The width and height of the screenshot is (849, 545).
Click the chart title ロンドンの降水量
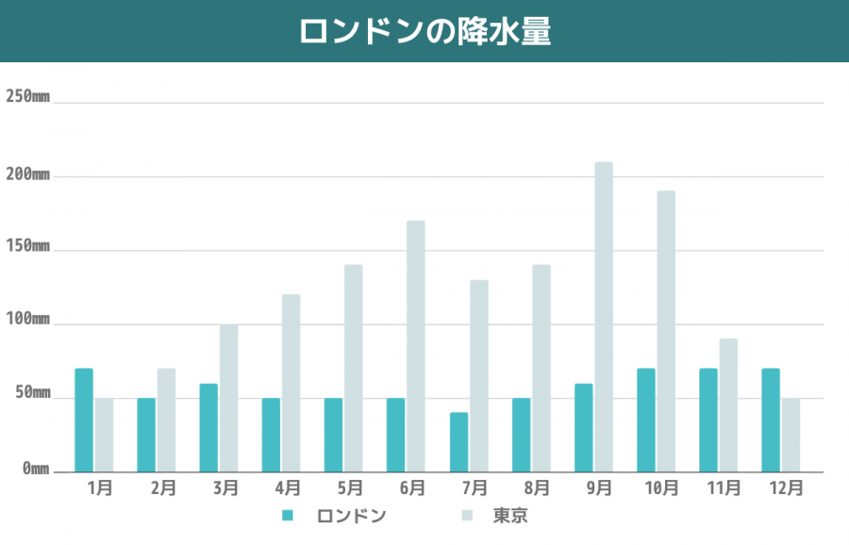(424, 30)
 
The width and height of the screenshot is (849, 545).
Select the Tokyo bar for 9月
(604, 317)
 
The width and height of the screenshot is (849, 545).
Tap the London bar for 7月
(459, 442)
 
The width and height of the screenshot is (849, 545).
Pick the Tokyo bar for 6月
(416, 346)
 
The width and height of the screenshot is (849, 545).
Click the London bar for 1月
(84, 420)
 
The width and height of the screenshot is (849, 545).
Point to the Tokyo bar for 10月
(666, 331)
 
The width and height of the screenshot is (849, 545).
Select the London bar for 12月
(771, 420)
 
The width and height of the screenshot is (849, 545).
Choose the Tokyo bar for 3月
(229, 398)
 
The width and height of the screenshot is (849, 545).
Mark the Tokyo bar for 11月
(728, 405)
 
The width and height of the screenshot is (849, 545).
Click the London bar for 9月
(584, 427)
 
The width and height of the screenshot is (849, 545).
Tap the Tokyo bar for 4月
(291, 383)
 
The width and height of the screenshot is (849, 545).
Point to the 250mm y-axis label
(27, 96)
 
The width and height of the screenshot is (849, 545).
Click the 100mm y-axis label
(27, 319)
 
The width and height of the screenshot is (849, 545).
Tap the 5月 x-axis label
(349, 488)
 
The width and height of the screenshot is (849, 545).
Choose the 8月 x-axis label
(537, 488)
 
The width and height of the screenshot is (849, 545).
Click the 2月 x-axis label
(162, 488)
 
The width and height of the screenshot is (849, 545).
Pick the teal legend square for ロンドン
(289, 516)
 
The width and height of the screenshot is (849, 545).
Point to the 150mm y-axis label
(27, 245)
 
